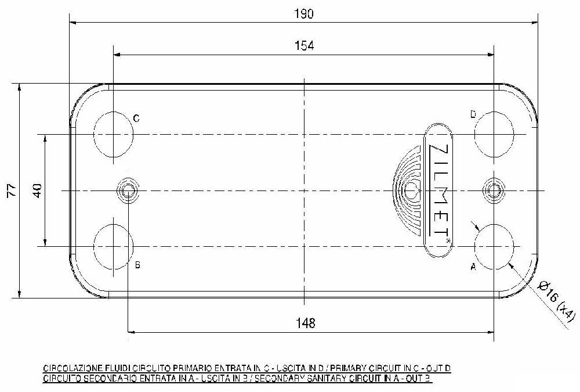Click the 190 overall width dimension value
coord(304,15)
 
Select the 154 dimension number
coord(304,46)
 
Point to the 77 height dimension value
coord(10,190)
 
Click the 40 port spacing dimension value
coord(37,190)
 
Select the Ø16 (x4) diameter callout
coord(556,300)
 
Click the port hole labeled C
coord(113,134)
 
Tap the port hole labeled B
coord(113,246)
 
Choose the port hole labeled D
coord(494,134)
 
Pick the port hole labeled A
coord(494,246)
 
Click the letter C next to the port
coord(136,118)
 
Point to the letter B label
coord(137,265)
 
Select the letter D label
coord(473,115)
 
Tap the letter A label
coord(473,267)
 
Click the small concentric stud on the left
coord(128,190)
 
